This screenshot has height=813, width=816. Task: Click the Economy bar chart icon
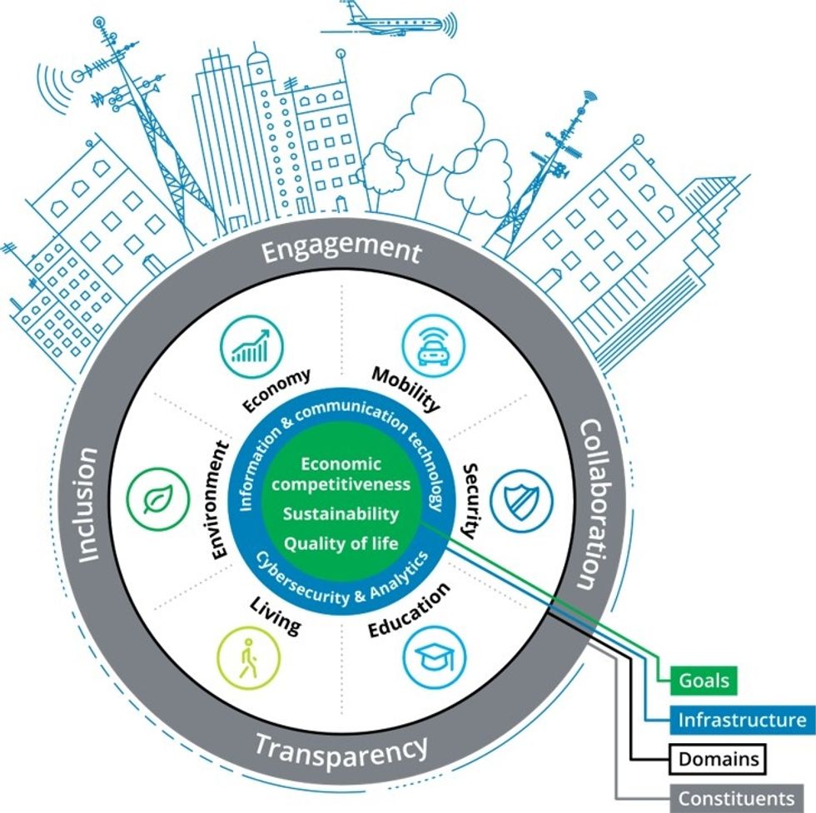pos(251,344)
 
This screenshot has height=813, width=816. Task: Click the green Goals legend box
pos(703,681)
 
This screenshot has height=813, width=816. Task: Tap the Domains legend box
pos(717,759)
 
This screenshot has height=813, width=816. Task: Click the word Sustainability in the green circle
pos(341,513)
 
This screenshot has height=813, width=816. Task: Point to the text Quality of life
pos(341,543)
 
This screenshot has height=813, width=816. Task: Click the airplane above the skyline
pos(387,21)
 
